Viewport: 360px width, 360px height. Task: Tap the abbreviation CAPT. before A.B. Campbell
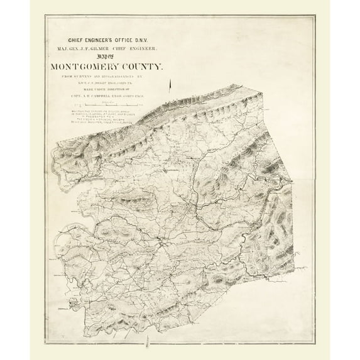click(x=82, y=95)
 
